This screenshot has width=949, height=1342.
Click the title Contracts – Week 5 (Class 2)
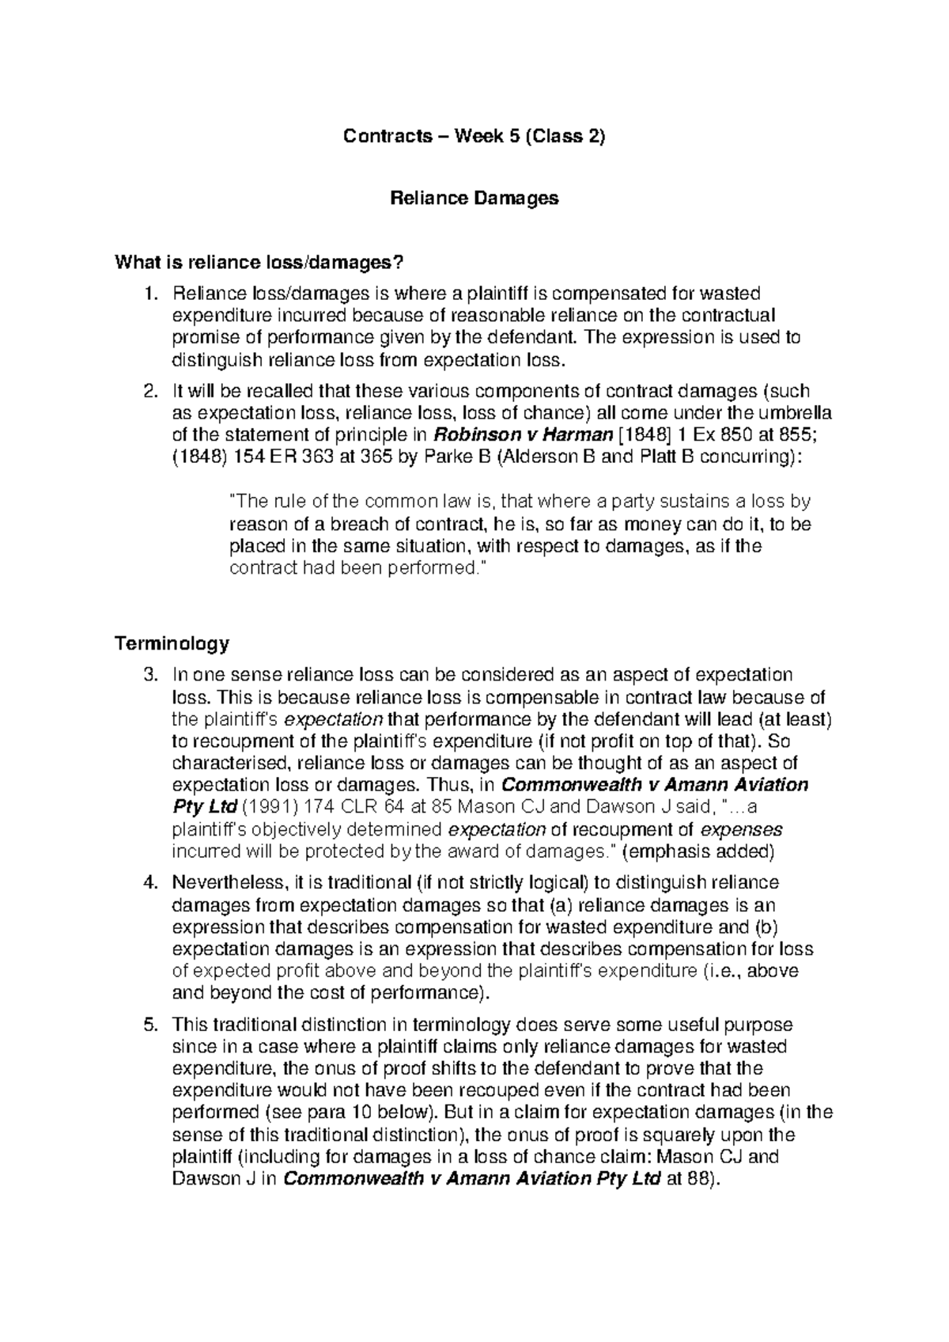tap(474, 137)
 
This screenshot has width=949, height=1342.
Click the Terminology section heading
tap(172, 643)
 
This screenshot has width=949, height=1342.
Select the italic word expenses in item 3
tap(742, 830)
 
